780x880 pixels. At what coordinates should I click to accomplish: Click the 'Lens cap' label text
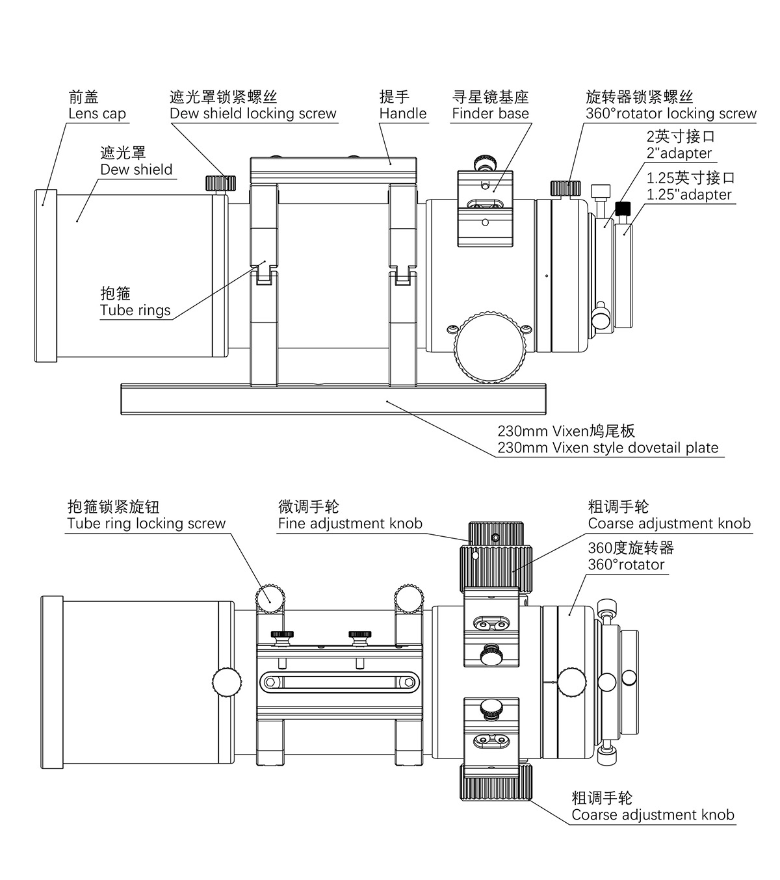pyautogui.click(x=97, y=113)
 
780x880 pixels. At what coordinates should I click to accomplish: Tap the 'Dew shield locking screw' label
pyautogui.click(x=253, y=113)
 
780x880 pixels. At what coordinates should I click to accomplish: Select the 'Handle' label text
pyautogui.click(x=403, y=113)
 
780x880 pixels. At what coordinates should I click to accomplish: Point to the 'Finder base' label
pyautogui.click(x=490, y=113)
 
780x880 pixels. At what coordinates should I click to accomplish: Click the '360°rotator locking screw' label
pyautogui.click(x=671, y=113)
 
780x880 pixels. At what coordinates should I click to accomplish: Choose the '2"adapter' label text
pyautogui.click(x=679, y=153)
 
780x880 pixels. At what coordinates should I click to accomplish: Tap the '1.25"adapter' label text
pyautogui.click(x=689, y=194)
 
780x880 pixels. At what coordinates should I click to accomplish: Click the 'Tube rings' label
pyautogui.click(x=135, y=310)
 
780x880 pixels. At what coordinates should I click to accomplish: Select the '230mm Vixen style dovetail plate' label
pyautogui.click(x=608, y=447)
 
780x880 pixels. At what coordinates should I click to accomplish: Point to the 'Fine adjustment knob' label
pyautogui.click(x=350, y=523)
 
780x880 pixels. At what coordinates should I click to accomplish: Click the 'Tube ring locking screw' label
pyautogui.click(x=146, y=523)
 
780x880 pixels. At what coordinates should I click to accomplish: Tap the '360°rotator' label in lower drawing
pyautogui.click(x=626, y=564)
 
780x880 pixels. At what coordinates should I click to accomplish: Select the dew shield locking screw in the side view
pyautogui.click(x=220, y=183)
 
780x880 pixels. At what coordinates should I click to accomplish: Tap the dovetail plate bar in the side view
pyautogui.click(x=333, y=399)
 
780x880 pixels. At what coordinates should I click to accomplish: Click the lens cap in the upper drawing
pyautogui.click(x=45, y=276)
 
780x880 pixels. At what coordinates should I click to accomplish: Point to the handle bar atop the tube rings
pyautogui.click(x=333, y=171)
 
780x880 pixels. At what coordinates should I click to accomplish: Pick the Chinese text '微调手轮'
pyautogui.click(x=309, y=506)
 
